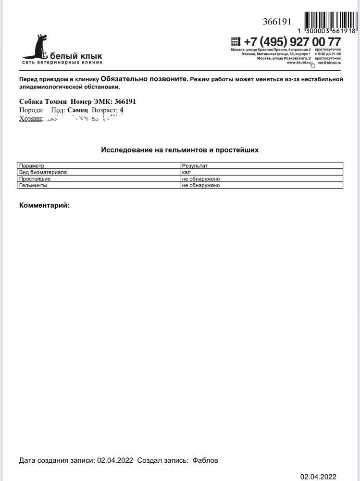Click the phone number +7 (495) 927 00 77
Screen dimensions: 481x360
coord(292,42)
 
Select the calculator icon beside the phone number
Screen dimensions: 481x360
coord(235,41)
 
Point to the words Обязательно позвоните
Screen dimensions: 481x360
coord(144,79)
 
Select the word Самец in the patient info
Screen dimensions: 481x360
coord(78,110)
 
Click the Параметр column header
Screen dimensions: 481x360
coord(32,166)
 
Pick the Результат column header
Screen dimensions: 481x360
coord(195,166)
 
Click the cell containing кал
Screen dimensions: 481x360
coord(186,172)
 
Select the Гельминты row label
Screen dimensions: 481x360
coord(33,185)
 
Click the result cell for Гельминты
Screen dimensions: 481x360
coord(200,185)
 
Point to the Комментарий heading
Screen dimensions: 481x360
coord(44,205)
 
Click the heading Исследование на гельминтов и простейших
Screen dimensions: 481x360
coord(180,150)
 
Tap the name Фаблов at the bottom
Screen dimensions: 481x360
coord(205,460)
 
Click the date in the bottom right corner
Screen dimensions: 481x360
coord(318,477)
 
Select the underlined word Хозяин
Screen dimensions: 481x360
coord(31,118)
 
